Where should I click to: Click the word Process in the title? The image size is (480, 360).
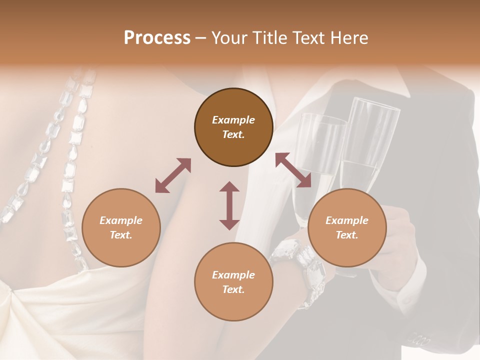tap(157, 38)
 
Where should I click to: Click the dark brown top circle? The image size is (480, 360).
tap(233, 127)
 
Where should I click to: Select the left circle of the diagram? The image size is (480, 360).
tap(121, 227)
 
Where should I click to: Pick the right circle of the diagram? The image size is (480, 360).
tap(347, 227)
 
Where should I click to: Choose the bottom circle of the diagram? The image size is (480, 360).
tap(233, 282)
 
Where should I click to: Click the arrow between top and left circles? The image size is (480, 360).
tap(173, 175)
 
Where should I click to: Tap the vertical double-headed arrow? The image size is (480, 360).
tap(229, 205)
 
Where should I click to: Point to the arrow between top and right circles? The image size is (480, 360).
tap(293, 170)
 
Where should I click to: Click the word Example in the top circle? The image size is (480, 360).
tap(233, 120)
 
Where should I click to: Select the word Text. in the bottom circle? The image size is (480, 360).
tap(233, 289)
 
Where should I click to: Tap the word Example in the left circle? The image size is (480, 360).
tap(121, 220)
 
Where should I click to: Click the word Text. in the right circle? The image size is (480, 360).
tap(347, 235)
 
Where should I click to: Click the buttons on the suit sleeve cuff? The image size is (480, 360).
tap(419, 340)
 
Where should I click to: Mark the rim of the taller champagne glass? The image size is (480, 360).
tap(375, 103)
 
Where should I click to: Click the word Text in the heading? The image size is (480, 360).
tap(307, 38)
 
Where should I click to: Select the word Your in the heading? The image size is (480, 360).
tap(227, 38)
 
